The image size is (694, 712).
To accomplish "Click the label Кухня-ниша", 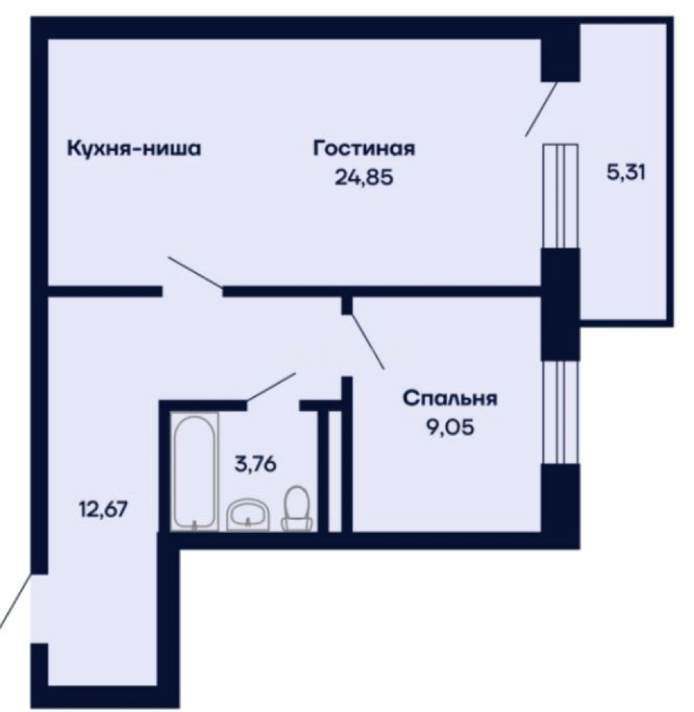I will point(133,148).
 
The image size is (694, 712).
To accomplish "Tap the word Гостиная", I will point(364,148).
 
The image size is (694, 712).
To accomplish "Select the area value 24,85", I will point(364,178).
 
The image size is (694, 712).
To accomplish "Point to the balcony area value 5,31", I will point(625,173).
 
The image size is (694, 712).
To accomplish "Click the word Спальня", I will point(450,399).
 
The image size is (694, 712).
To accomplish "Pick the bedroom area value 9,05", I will point(450,429).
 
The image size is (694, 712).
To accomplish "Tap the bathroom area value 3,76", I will point(255,463).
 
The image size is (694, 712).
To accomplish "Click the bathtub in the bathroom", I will point(194,471).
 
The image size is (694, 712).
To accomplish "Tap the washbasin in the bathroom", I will point(248,514).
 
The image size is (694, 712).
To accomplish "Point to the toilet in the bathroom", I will point(297,508).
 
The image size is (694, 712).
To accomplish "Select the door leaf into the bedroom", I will point(366,341).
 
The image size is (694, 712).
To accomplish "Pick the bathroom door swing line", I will point(271,386).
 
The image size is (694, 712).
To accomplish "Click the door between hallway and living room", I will point(195,272).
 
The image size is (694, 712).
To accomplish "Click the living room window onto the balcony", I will point(560,196).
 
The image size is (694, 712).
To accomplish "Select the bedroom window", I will point(560,412).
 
